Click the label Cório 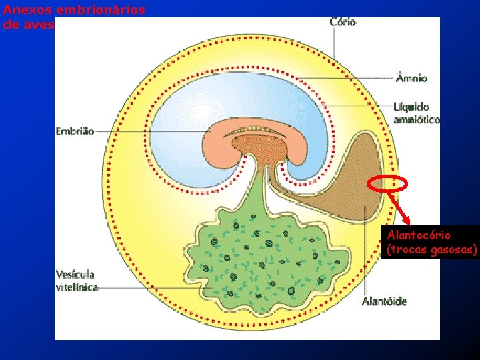[x=343, y=22]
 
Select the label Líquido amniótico [x=416, y=113]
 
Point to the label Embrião [x=75, y=131]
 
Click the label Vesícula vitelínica [x=76, y=281]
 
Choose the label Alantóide [x=383, y=301]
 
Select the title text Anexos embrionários [x=73, y=11]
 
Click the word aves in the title [x=41, y=24]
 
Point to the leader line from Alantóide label [x=365, y=253]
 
